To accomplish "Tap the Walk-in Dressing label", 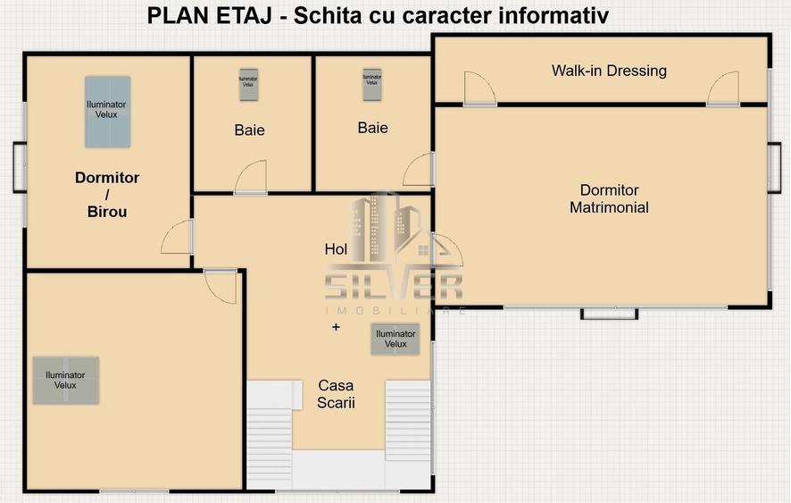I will tap(609, 71).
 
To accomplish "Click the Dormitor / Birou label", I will tap(107, 195).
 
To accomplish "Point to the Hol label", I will tap(336, 250).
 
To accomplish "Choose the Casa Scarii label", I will tap(336, 394).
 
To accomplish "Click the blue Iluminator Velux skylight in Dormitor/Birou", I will tap(107, 111).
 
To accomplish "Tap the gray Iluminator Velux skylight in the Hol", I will tap(395, 339).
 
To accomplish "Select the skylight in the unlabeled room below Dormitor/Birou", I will tap(65, 380).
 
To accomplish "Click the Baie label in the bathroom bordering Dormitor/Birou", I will tap(249, 130).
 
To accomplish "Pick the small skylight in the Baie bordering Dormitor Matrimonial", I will tap(371, 85).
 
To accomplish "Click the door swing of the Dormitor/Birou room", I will tap(178, 237).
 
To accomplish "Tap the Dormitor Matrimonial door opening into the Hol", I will tap(446, 250).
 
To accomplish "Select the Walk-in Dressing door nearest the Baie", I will tap(479, 88).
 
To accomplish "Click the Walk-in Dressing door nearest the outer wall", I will tap(723, 88).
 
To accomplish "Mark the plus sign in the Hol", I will tap(336, 328).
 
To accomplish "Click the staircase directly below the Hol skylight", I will tap(407, 420).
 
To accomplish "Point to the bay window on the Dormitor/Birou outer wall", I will tap(19, 167).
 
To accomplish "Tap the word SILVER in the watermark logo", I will tap(394, 287).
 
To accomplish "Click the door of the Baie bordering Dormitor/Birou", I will tap(251, 178).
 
